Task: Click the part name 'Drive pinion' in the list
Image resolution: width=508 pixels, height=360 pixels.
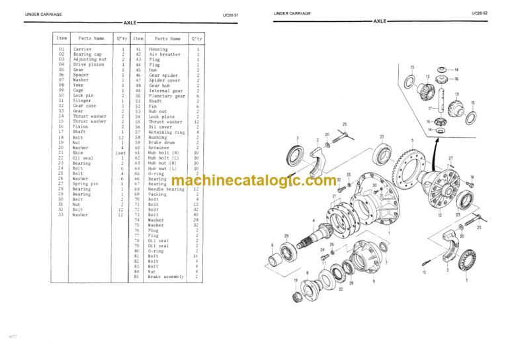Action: [x=87, y=64]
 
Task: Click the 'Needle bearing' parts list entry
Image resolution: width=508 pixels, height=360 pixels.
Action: [x=167, y=189]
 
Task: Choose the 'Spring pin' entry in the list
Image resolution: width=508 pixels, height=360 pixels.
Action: [x=86, y=183]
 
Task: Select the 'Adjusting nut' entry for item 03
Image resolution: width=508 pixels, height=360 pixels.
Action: [x=88, y=59]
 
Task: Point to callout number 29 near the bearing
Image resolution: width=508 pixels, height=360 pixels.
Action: [x=286, y=236]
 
